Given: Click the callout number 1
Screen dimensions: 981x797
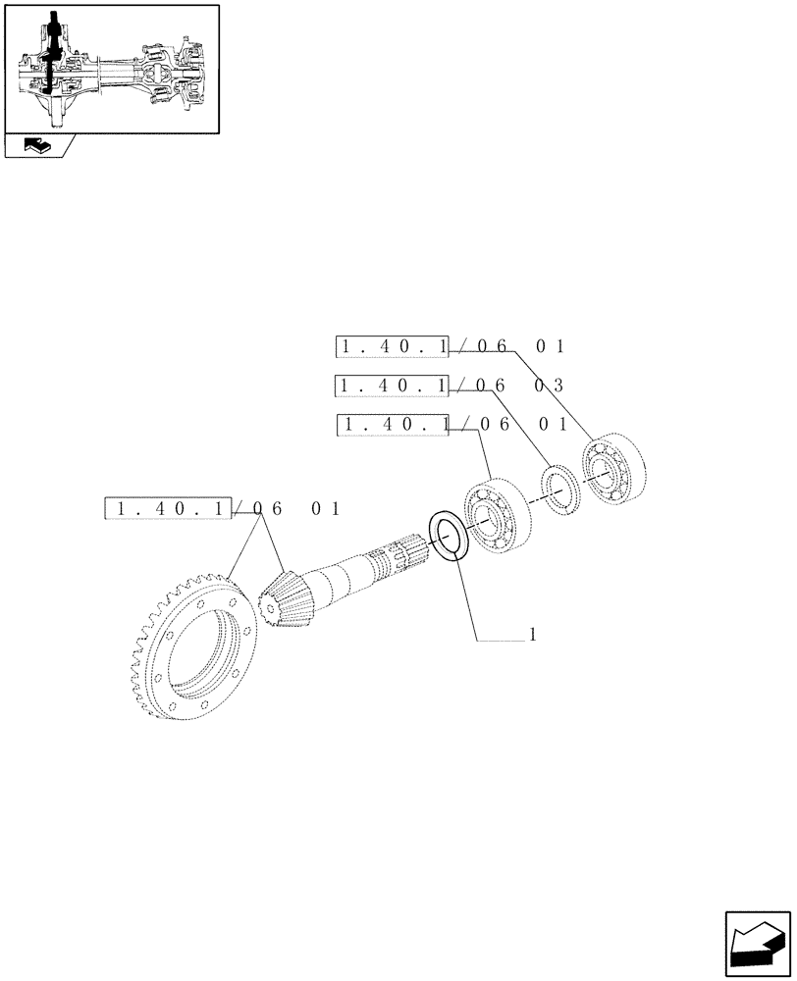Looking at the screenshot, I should click(x=531, y=635).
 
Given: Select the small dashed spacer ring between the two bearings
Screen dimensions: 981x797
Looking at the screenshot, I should click(x=559, y=487).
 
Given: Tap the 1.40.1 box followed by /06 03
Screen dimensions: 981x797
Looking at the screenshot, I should click(x=392, y=386).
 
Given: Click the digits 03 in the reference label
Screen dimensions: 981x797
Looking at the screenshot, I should click(x=548, y=386).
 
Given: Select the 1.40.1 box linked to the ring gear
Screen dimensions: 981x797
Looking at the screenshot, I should click(x=169, y=508).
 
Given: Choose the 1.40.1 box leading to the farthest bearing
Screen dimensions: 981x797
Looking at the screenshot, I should click(x=392, y=346).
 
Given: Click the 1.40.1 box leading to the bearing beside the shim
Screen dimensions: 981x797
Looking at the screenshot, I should click(x=393, y=425).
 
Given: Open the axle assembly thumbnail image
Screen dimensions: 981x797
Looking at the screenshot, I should click(x=111, y=68).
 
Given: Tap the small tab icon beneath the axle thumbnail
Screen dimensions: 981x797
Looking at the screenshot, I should click(x=37, y=147).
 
